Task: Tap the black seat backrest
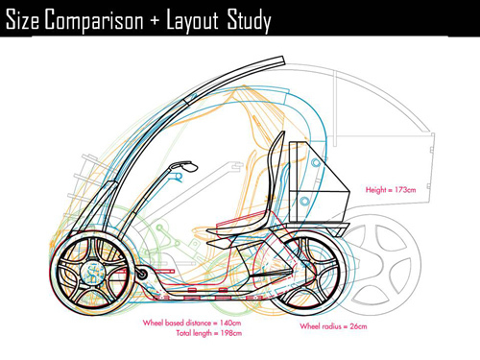[273, 179]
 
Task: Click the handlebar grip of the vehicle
[180, 168]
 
